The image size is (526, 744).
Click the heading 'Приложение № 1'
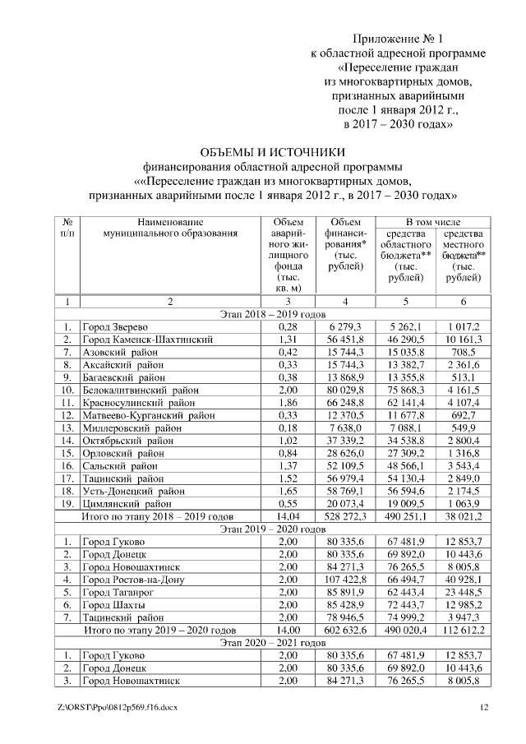click(397, 39)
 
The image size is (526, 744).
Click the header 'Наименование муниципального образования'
click(170, 228)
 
